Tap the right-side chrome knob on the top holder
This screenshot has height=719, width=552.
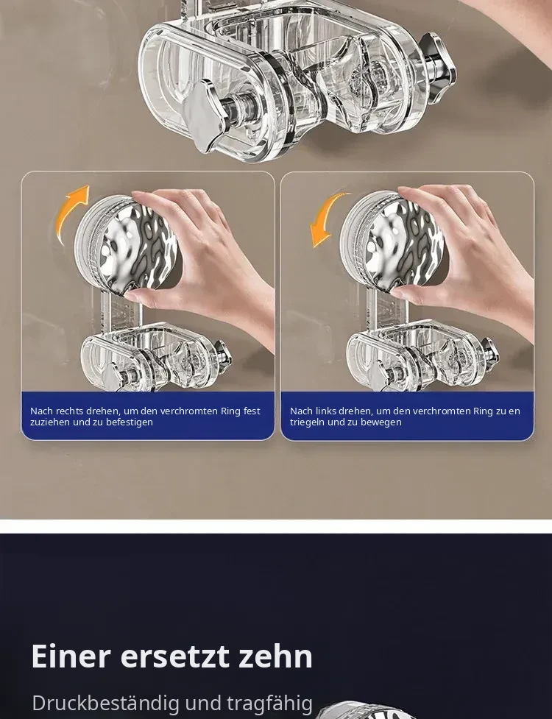(437, 63)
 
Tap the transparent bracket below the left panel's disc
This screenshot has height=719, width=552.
(155, 358)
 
